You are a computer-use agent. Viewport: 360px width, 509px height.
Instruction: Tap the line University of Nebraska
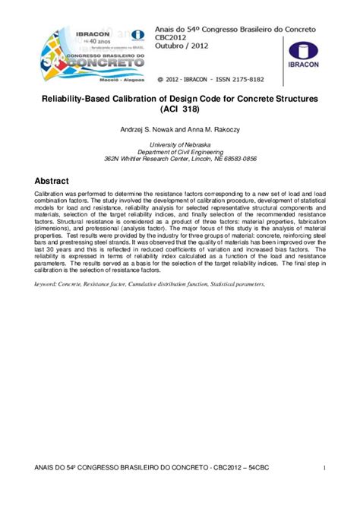click(x=179, y=144)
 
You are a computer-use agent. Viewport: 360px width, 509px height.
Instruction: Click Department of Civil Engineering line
click(x=179, y=152)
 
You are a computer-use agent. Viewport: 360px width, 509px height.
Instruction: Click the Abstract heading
click(x=56, y=181)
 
